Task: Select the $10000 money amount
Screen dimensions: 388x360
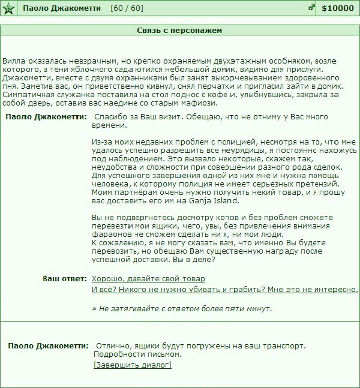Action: [338, 8]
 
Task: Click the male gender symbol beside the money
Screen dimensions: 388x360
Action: [311, 8]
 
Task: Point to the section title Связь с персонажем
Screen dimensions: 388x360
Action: [180, 30]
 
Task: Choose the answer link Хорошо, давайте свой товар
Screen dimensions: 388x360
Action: [148, 279]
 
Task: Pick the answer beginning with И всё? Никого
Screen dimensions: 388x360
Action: [225, 289]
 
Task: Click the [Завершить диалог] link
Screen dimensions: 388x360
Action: [133, 365]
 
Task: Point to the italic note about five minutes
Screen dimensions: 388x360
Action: [182, 309]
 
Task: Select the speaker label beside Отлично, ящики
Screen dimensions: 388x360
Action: [48, 346]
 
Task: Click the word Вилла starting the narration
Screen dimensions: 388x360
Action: [13, 61]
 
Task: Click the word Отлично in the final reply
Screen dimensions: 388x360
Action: [112, 346]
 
